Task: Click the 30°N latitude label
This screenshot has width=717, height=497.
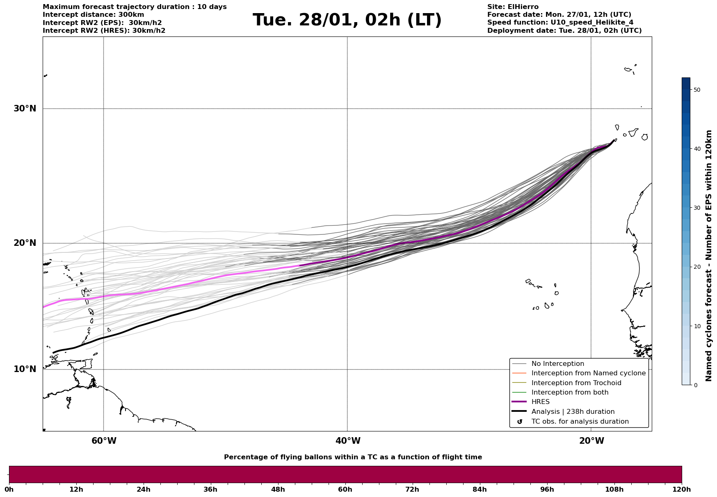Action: (25, 109)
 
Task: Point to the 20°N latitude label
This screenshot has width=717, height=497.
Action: (25, 243)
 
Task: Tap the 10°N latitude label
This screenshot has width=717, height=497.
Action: (25, 369)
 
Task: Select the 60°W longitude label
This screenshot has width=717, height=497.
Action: (104, 441)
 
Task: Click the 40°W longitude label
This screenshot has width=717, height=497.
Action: (348, 441)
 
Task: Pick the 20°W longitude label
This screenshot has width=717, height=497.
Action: (591, 441)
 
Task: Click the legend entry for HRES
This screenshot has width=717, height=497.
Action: (540, 402)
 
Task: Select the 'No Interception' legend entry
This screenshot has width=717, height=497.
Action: (557, 364)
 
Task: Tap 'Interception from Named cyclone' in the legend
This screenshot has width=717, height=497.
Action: (588, 373)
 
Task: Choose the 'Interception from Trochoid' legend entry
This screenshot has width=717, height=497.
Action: (576, 383)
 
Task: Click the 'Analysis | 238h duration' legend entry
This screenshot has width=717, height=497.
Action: (573, 412)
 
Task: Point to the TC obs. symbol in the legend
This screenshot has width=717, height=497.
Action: (520, 422)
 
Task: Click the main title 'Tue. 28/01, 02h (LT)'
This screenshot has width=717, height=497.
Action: (347, 20)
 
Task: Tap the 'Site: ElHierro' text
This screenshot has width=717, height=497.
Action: (513, 7)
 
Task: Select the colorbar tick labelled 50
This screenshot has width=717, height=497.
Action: (696, 90)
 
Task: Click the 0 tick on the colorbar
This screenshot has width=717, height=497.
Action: (695, 385)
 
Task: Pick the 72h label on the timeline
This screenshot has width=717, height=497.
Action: (412, 489)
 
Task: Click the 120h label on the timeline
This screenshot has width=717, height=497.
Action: (681, 489)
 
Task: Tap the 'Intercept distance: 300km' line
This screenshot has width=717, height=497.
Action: (93, 15)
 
